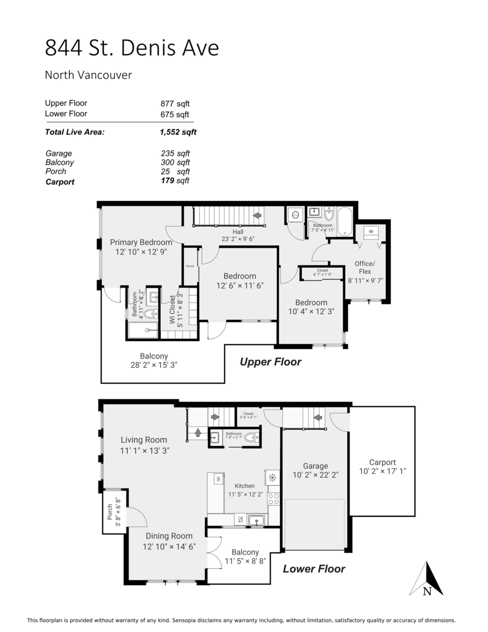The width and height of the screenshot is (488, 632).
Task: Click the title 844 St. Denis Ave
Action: click(x=132, y=48)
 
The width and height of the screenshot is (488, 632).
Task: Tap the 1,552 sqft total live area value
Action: click(x=178, y=132)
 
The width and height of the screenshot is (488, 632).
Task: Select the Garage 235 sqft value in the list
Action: click(x=175, y=153)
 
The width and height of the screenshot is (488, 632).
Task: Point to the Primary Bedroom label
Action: click(x=141, y=242)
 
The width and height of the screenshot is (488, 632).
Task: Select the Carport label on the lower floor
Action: click(x=382, y=462)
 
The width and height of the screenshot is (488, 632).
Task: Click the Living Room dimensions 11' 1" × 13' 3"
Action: click(x=144, y=450)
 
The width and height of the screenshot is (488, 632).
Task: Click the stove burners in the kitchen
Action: click(x=273, y=498)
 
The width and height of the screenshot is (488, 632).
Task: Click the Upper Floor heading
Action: click(x=271, y=362)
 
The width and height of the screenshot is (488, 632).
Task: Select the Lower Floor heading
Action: click(x=314, y=569)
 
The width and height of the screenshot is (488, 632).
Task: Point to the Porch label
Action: click(x=110, y=512)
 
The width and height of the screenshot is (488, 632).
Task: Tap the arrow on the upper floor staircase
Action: click(x=257, y=215)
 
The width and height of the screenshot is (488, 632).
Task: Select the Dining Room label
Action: click(x=169, y=536)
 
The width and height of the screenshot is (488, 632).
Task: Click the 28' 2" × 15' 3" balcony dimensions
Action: click(x=154, y=366)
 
